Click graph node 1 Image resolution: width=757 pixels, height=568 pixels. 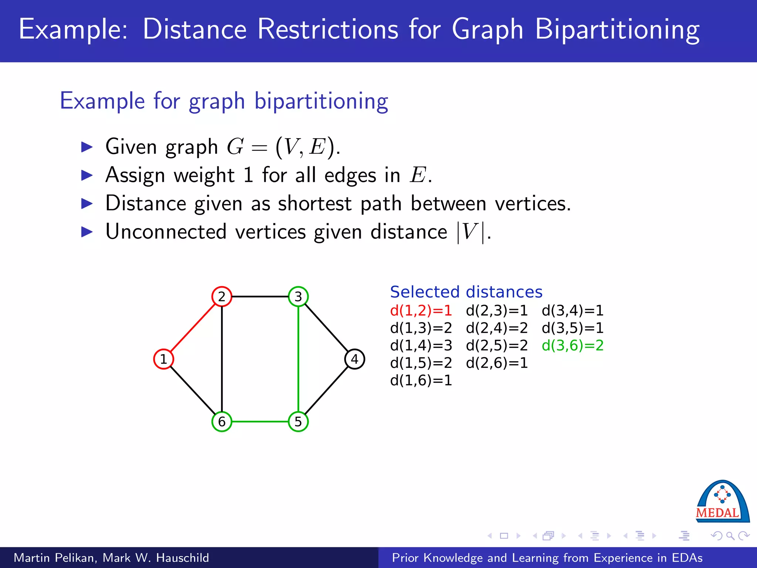pyautogui.click(x=163, y=359)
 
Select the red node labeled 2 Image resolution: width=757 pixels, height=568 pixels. pyautogui.click(x=222, y=297)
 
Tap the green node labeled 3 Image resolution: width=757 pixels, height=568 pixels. pyautogui.click(x=298, y=297)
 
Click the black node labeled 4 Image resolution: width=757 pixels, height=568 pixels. pyautogui.click(x=354, y=359)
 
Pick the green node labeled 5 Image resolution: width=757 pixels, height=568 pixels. pyautogui.click(x=298, y=422)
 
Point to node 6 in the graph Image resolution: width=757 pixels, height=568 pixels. pyautogui.click(x=222, y=422)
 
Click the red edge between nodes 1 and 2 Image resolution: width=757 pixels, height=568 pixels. pyautogui.click(x=192, y=328)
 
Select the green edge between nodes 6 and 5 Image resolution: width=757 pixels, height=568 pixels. pyautogui.click(x=260, y=422)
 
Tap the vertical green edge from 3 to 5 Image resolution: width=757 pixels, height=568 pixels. pyautogui.click(x=298, y=359)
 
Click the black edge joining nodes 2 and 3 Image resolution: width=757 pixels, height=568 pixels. pyautogui.click(x=260, y=297)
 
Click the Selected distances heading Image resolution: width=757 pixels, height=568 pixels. pyautogui.click(x=466, y=292)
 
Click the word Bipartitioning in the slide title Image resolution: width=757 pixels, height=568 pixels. pyautogui.click(x=617, y=30)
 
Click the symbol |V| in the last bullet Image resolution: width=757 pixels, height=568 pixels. pyautogui.click(x=470, y=232)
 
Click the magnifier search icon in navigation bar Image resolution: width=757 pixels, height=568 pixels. pyautogui.click(x=730, y=536)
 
